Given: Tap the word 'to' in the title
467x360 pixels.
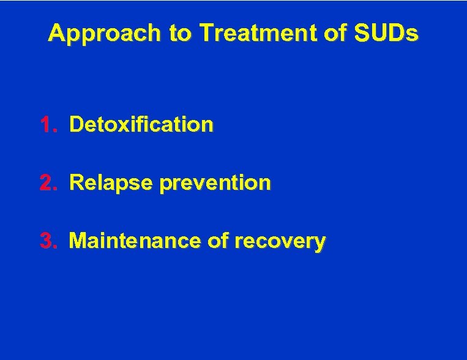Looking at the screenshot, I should click(181, 34).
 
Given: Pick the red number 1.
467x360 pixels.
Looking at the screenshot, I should click(47, 125).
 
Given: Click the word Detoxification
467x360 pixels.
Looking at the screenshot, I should click(141, 125).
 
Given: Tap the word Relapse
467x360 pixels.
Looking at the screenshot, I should click(110, 184).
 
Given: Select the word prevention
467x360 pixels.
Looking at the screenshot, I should click(214, 184).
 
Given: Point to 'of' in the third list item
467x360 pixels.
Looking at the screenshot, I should click(218, 241).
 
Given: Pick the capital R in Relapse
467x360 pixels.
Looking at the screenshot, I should click(77, 183).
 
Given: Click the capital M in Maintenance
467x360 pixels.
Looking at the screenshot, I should click(78, 241).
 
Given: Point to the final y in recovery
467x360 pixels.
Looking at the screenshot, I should click(319, 244).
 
